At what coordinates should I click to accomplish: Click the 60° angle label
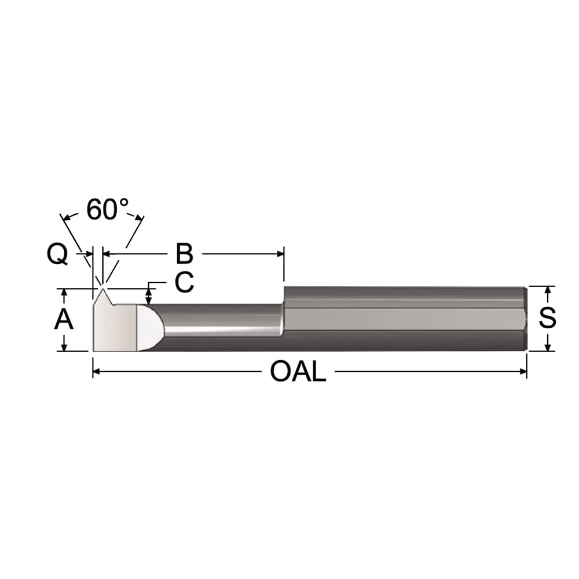108,210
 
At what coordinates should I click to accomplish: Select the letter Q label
57,255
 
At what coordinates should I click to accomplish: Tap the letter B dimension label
184,254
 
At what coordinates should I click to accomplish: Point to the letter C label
184,283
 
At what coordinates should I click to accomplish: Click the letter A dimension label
64,319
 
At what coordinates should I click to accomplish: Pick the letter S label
547,318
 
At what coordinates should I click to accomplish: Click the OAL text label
298,372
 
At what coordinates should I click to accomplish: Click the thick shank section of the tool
405,318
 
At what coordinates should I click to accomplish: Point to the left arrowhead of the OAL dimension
97,372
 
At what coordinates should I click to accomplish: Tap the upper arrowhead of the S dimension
547,289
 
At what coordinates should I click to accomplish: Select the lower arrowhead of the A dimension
64,347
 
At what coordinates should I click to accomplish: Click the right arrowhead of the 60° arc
139,218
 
